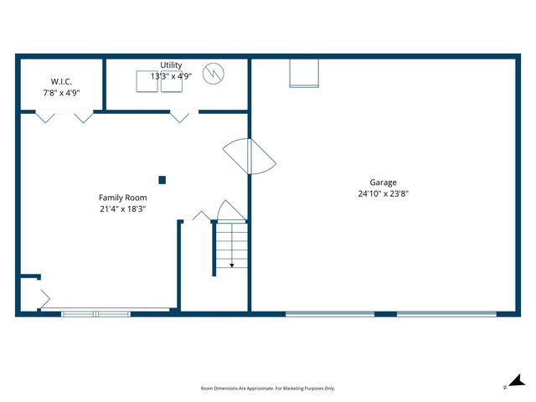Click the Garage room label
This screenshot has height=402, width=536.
pos(384,183)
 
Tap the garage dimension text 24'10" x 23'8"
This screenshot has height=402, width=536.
pos(384,193)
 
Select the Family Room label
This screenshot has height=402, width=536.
pos(122,198)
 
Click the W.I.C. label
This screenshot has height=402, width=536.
pos(61,81)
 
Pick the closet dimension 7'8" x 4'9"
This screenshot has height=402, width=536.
pos(61,92)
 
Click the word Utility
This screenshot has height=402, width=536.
pos(171,65)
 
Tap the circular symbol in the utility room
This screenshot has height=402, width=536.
pos(216,73)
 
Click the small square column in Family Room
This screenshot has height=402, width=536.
pos(162,179)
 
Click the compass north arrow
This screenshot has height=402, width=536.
pos(516,381)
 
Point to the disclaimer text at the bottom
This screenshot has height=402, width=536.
pos(268,389)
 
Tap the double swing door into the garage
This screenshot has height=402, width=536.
pos(250,156)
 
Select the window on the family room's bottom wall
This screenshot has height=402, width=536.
pos(95,314)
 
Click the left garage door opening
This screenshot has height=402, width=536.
pos(330,314)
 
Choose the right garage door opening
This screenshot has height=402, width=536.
pos(446,314)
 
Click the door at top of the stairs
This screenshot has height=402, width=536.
pos(229,210)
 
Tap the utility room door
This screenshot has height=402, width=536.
pos(179,116)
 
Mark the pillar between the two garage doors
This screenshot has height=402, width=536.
pos(385,314)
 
